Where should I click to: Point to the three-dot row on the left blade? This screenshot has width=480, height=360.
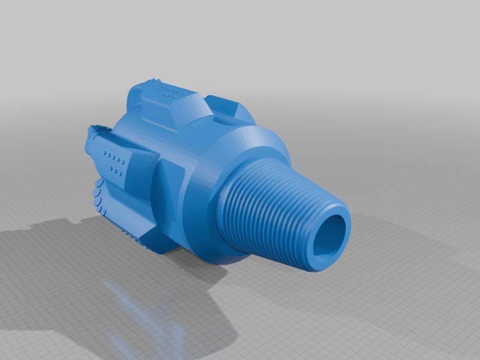click(x=116, y=172)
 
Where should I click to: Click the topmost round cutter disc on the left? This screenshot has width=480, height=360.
click(x=97, y=191)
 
